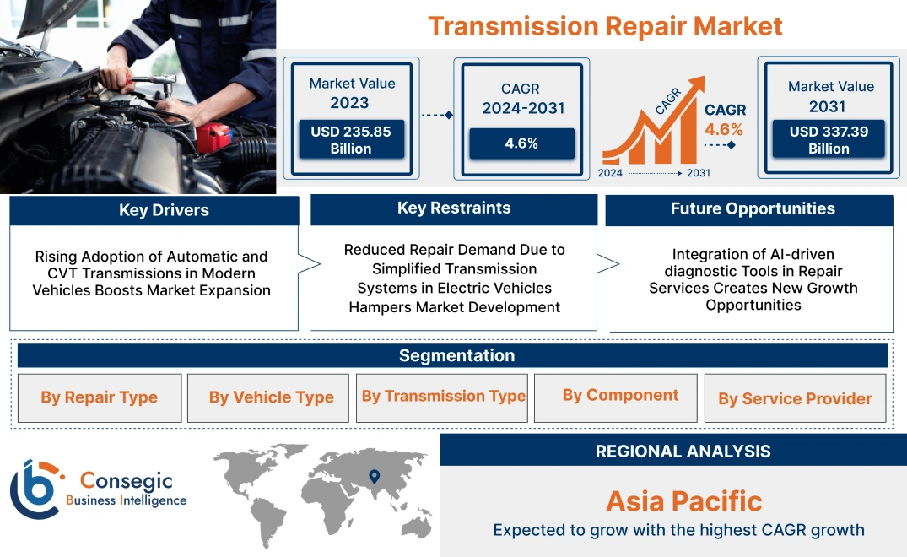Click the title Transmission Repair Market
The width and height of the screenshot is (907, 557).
click(x=604, y=25)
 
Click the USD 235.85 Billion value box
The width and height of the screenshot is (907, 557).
click(x=349, y=139)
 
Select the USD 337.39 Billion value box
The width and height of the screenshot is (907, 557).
click(x=829, y=139)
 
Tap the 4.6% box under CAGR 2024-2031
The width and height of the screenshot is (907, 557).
click(x=521, y=143)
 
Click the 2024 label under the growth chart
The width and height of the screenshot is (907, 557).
click(x=611, y=173)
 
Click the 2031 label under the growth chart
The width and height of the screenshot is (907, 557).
click(x=698, y=173)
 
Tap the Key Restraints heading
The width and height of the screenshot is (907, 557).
click(x=454, y=208)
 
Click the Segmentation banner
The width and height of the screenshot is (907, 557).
click(x=456, y=355)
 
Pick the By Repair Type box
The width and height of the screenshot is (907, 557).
click(x=100, y=397)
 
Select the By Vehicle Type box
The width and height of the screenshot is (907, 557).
click(x=271, y=397)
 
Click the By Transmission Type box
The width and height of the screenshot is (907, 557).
click(x=443, y=396)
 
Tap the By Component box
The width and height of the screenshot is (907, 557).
click(x=620, y=395)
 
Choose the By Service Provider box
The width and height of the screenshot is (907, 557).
click(x=795, y=398)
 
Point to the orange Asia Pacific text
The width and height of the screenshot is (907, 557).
click(x=683, y=501)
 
